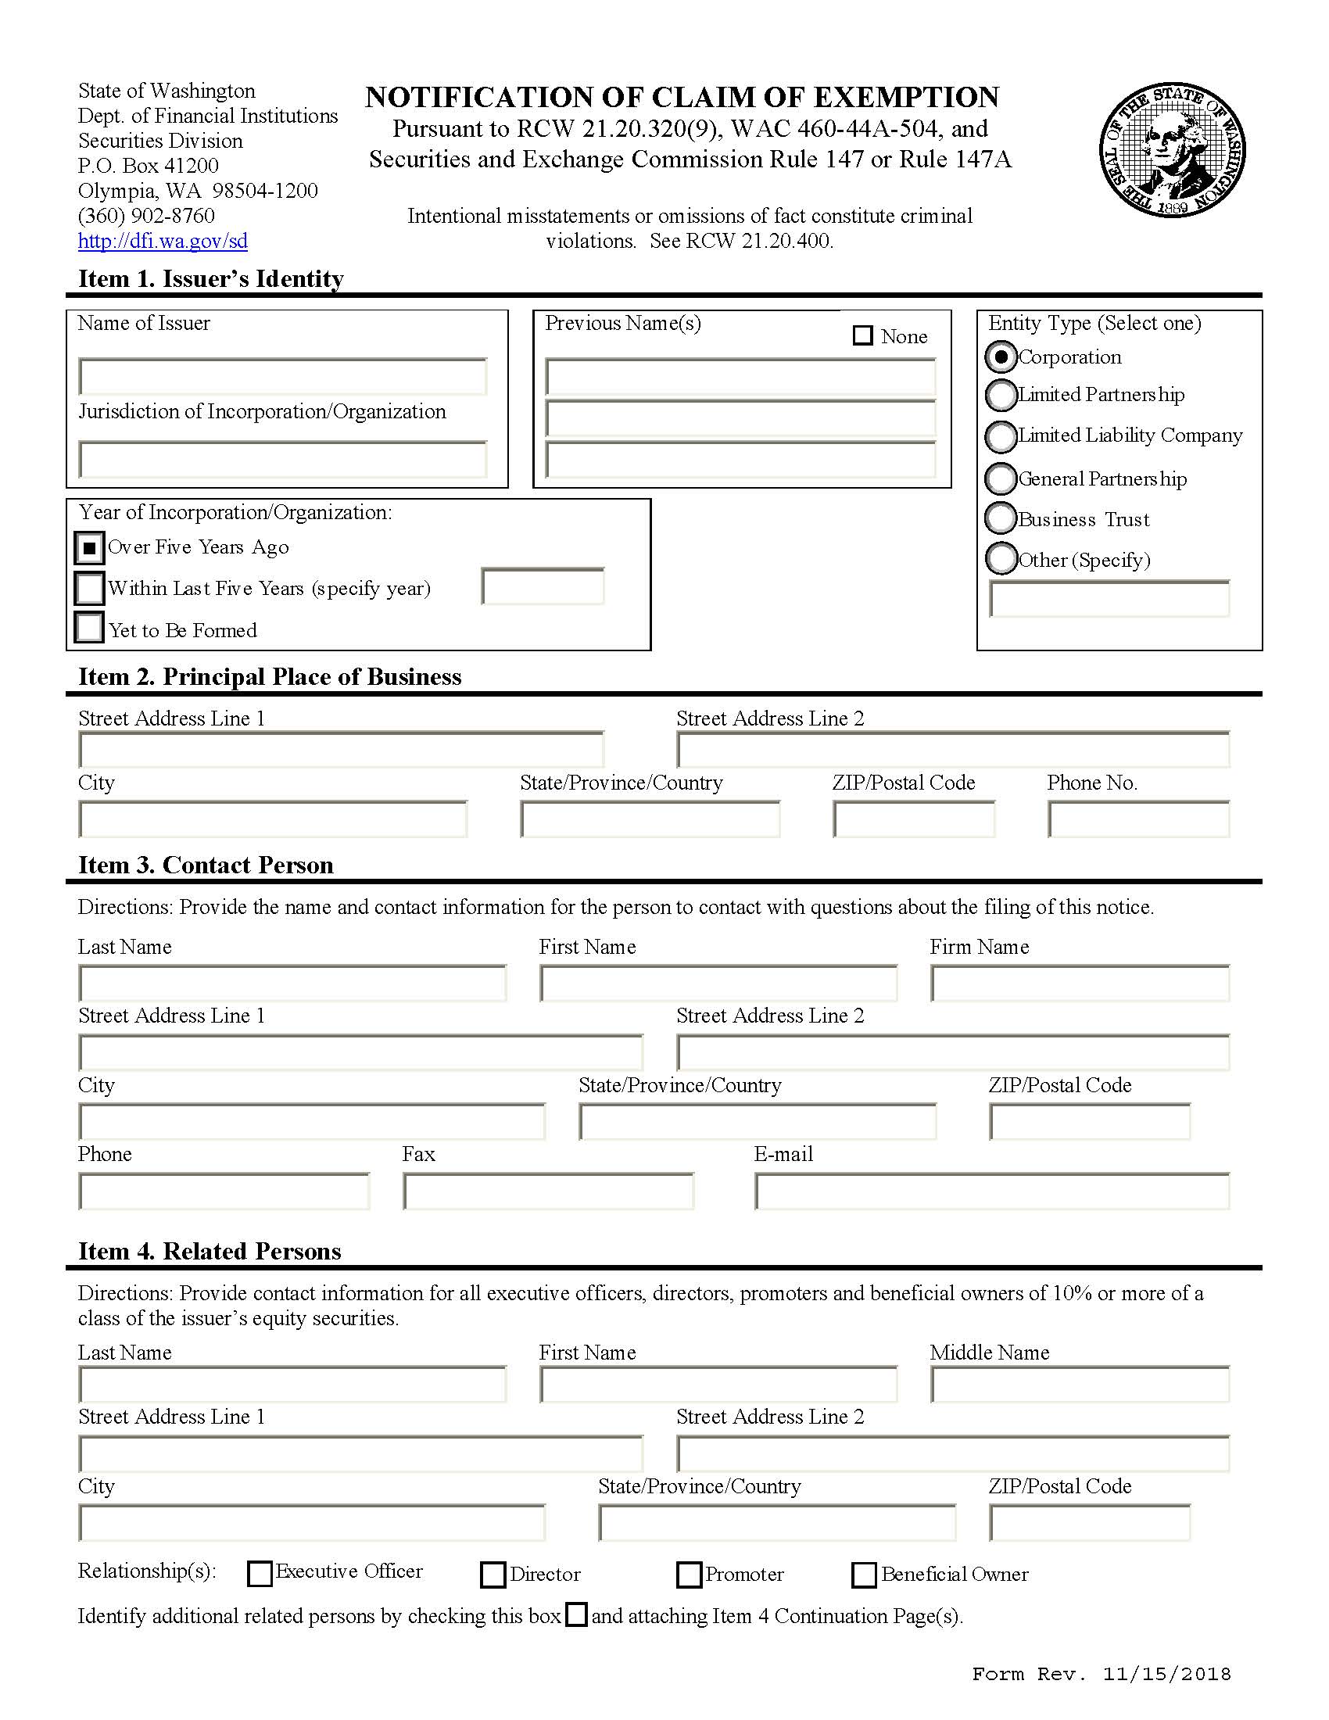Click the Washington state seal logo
point(1172,149)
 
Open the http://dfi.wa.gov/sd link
point(162,241)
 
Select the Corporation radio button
point(1001,357)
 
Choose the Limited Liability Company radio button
point(1001,436)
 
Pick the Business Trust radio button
point(1001,518)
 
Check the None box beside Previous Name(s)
point(863,335)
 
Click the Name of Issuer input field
point(283,377)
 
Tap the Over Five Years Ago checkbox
point(89,547)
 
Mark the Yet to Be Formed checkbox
point(89,629)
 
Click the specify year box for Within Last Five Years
point(543,586)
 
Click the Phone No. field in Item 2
point(1138,820)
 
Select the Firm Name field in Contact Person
point(1080,984)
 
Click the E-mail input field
point(992,1191)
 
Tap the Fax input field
point(548,1191)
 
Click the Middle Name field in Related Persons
point(1080,1385)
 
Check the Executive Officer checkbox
point(259,1574)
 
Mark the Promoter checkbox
point(689,1575)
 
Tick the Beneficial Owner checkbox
point(864,1575)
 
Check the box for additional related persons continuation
point(577,1615)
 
